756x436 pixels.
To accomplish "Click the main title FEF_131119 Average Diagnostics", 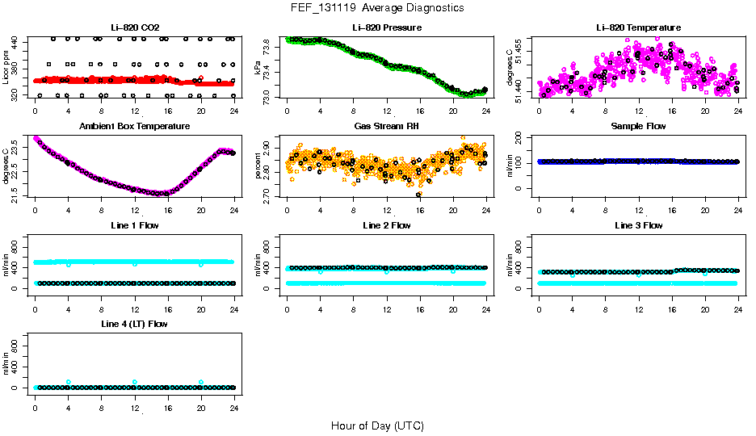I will [378, 7].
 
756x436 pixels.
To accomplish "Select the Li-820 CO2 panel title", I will [135, 28].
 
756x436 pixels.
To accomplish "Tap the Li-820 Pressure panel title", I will [387, 28].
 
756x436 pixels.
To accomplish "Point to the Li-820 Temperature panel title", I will [638, 28].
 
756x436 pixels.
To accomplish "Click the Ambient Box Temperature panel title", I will [135, 127].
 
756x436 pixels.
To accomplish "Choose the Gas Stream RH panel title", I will [387, 127].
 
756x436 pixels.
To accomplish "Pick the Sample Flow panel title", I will [638, 127].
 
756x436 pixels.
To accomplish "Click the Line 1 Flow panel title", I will [135, 225].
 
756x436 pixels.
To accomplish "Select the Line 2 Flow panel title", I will [387, 225].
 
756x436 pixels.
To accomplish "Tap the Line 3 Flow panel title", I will [638, 225].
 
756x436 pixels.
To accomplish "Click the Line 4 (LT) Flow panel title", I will [135, 324].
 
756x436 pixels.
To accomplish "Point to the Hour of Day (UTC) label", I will [377, 426].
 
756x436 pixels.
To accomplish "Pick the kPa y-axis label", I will [258, 68].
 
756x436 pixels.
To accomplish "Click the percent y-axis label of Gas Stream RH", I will [258, 166].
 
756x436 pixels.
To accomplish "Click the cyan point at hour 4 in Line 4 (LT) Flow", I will [69, 382].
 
